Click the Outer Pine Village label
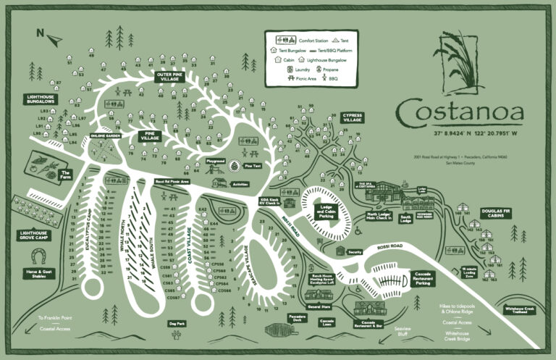[173, 75]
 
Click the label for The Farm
[66, 174]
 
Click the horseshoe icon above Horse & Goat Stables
[40, 256]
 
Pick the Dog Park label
[177, 323]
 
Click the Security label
[354, 252]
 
